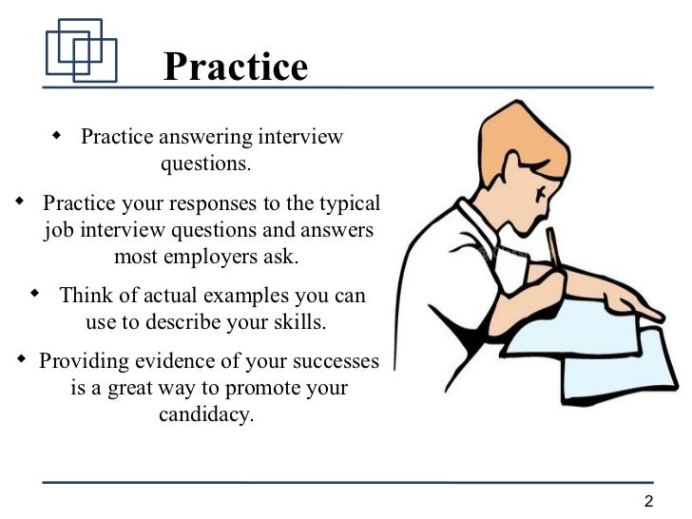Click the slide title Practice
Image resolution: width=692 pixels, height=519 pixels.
tap(236, 67)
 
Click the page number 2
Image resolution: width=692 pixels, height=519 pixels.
tap(649, 502)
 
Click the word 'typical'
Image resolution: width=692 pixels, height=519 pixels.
tap(347, 203)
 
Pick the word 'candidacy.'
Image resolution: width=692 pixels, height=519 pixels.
tap(206, 415)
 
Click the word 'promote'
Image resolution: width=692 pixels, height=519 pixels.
tap(265, 389)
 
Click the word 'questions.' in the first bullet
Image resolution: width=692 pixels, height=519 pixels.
tap(206, 163)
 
